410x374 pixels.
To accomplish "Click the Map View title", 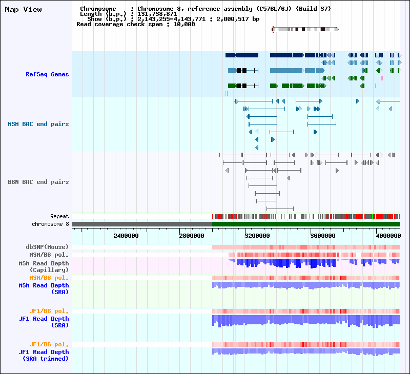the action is click(23, 9).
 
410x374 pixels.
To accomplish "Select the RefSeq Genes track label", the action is click(47, 74).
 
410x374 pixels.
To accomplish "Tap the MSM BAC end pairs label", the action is click(38, 124).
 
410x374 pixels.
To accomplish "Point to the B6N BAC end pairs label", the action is click(38, 182).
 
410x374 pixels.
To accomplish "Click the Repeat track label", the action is click(59, 216).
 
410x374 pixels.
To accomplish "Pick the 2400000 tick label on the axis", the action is click(126, 236).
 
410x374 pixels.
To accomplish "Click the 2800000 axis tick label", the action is click(192, 236).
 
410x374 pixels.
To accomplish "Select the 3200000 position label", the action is click(257, 236).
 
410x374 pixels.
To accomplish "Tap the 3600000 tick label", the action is click(323, 236).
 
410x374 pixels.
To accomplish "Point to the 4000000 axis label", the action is click(388, 236).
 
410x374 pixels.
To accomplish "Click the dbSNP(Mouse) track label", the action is click(47, 247).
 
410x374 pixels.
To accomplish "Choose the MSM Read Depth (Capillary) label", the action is click(44, 266).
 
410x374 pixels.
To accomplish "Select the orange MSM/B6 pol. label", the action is click(49, 278).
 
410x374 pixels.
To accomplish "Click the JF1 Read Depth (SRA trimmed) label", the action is click(44, 356).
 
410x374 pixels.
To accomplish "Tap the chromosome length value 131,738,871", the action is click(157, 14).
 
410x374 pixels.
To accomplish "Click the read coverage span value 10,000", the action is click(184, 24).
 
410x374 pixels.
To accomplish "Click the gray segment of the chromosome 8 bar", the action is click(142, 224).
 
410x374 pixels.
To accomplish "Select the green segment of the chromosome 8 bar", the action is click(306, 224).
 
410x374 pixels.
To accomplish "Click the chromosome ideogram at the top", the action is click(305, 29).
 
